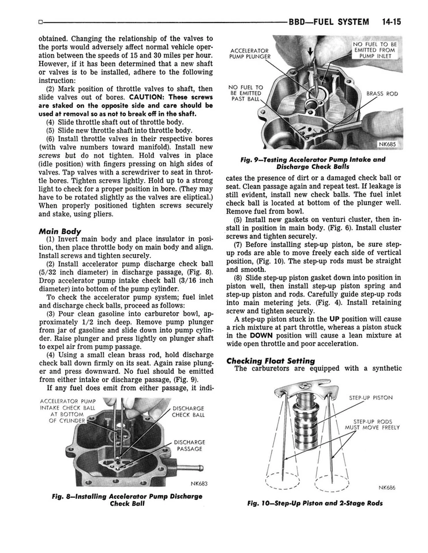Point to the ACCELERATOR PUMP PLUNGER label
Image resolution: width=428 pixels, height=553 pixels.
[x=250, y=54]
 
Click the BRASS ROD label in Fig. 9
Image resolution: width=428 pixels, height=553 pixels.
[x=382, y=93]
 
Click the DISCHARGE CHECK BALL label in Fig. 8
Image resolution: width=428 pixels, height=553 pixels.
[x=188, y=411]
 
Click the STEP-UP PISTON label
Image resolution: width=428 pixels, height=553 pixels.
[x=370, y=397]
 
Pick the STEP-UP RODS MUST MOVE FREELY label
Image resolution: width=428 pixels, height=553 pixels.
[x=372, y=425]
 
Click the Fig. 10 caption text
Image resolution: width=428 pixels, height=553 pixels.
[x=314, y=503]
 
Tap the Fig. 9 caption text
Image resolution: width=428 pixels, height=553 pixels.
[x=314, y=163]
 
